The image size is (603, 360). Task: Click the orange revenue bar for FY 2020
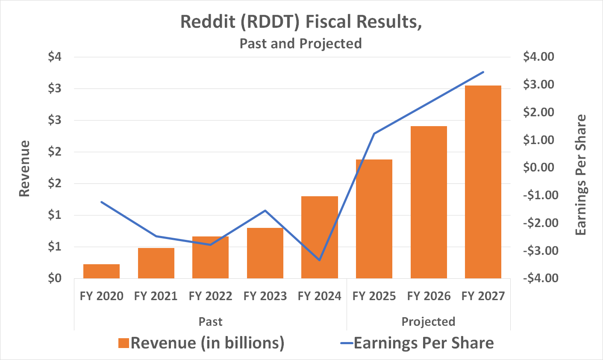pyautogui.click(x=101, y=271)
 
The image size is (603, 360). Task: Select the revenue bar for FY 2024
pyautogui.click(x=320, y=237)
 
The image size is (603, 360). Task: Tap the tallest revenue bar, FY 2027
pyautogui.click(x=483, y=182)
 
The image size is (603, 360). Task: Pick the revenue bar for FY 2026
pyautogui.click(x=429, y=202)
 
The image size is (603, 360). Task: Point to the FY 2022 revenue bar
pyautogui.click(x=210, y=257)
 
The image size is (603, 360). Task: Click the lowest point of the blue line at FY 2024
pyautogui.click(x=320, y=260)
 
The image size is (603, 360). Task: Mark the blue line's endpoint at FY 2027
pyautogui.click(x=483, y=72)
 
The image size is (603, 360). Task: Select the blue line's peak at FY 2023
pyautogui.click(x=265, y=210)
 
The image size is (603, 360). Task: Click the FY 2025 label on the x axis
pyautogui.click(x=374, y=296)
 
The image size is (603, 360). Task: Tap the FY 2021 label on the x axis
pyautogui.click(x=156, y=296)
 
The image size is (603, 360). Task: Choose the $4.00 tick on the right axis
pyautogui.click(x=538, y=57)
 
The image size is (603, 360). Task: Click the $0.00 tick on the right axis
pyautogui.click(x=538, y=168)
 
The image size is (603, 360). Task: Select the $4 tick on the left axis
pyautogui.click(x=55, y=57)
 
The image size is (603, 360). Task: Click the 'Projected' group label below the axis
pyautogui.click(x=428, y=322)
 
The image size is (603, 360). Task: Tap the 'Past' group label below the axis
pyautogui.click(x=210, y=322)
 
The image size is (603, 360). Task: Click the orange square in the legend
pyautogui.click(x=124, y=343)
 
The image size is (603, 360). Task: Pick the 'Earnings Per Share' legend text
pyautogui.click(x=424, y=343)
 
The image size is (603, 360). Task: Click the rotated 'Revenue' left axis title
pyautogui.click(x=25, y=168)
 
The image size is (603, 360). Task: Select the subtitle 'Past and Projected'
pyautogui.click(x=300, y=44)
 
